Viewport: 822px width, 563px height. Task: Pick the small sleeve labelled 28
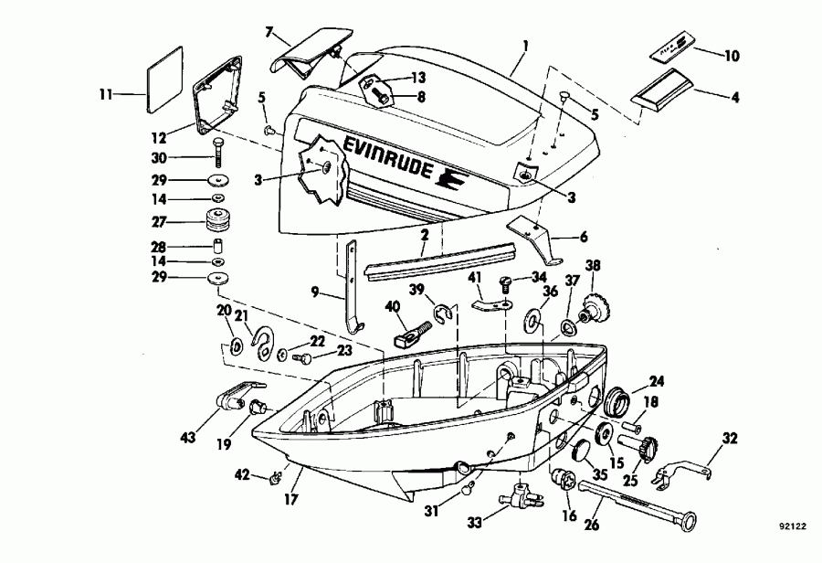click(x=218, y=248)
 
